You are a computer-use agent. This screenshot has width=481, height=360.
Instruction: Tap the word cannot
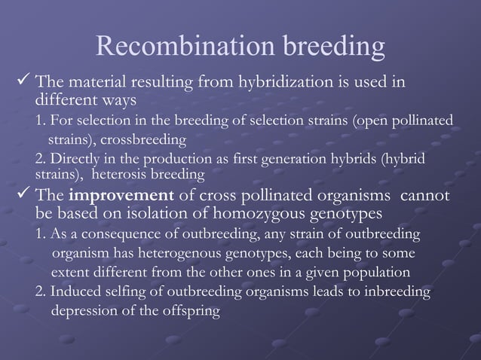click(426, 197)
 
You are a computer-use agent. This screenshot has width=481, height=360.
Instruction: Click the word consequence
click(122, 233)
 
